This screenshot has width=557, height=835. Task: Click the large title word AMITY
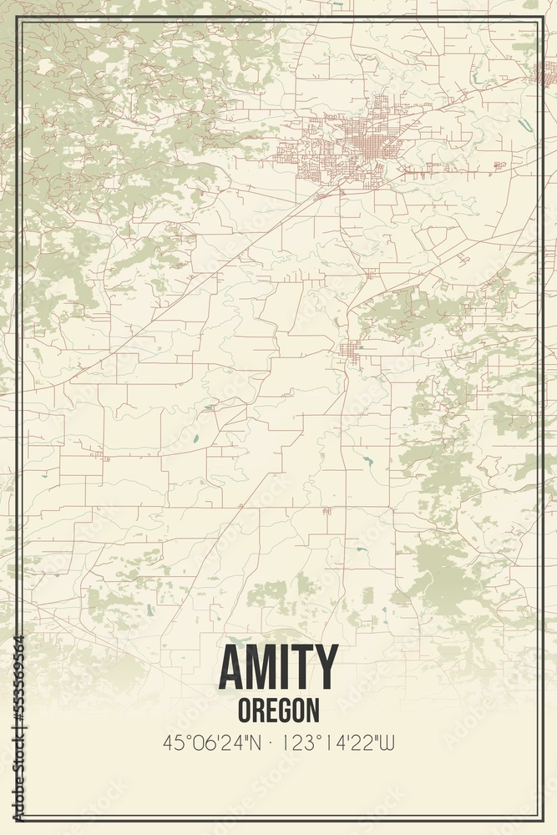(x=278, y=667)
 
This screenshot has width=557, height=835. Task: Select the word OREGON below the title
(x=278, y=710)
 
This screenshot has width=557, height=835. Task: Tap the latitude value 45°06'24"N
(x=212, y=741)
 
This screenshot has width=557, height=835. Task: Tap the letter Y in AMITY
(x=326, y=667)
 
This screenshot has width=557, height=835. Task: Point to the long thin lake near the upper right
(x=525, y=124)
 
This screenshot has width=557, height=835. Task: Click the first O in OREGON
(x=244, y=710)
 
